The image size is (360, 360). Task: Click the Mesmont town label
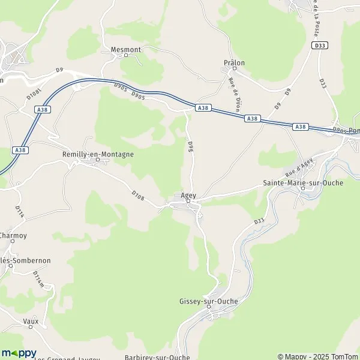click(x=125, y=50)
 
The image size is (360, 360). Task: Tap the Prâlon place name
click(x=234, y=62)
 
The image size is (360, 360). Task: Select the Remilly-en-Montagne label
click(x=98, y=154)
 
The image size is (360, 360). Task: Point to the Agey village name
click(x=188, y=196)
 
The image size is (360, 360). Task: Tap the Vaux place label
click(x=30, y=322)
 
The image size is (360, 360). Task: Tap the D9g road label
click(x=190, y=146)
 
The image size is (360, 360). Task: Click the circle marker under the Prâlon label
click(x=235, y=68)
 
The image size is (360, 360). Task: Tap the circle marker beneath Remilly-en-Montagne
click(x=98, y=160)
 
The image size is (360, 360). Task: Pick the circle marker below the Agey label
click(x=188, y=202)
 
